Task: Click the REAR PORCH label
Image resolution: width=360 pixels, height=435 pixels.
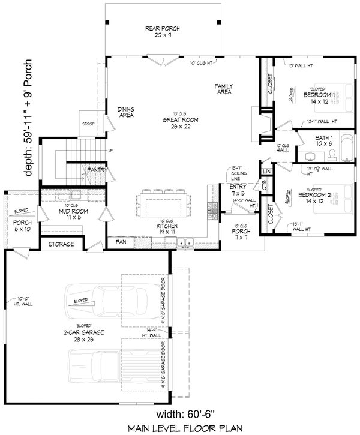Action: click(162, 31)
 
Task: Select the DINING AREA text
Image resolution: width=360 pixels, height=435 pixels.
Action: click(125, 112)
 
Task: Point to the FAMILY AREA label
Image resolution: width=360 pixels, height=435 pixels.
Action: click(224, 89)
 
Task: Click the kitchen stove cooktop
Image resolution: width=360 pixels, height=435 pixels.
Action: click(212, 209)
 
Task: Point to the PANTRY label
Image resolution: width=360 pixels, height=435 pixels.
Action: click(97, 170)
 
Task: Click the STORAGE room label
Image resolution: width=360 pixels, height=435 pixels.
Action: click(62, 244)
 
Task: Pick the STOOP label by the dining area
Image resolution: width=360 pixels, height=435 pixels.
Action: click(88, 124)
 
